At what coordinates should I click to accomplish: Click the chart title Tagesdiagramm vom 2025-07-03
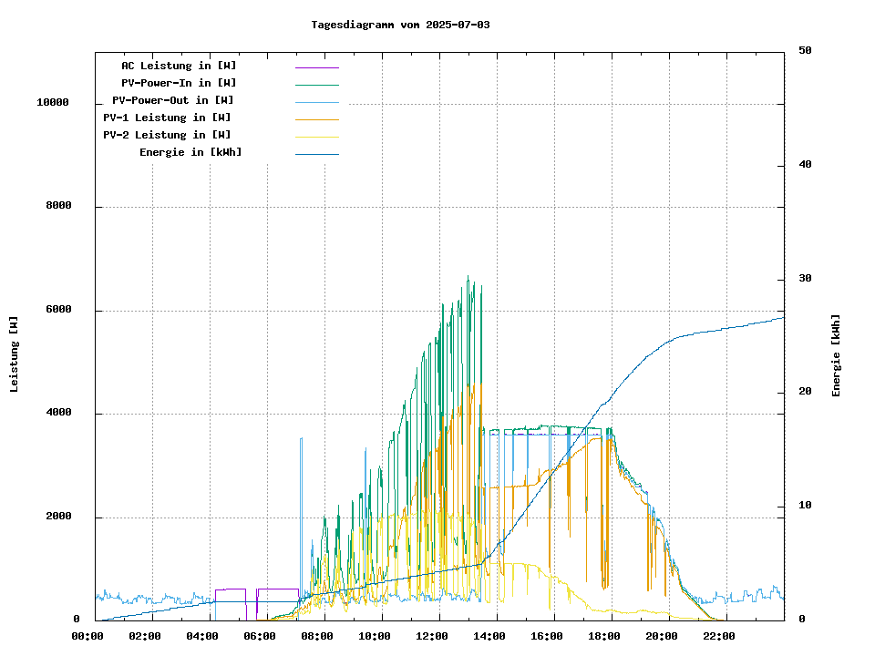click(400, 25)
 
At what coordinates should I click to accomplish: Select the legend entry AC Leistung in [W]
click(179, 66)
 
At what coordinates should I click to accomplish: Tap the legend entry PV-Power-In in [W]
click(179, 83)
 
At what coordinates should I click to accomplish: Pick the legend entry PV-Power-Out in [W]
click(173, 100)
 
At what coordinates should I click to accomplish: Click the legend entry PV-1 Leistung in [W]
click(167, 118)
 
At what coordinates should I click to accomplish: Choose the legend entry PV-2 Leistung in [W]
click(167, 135)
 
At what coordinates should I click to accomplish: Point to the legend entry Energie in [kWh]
click(190, 152)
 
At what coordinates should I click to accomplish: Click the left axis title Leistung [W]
click(15, 354)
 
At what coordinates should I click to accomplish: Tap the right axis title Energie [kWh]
click(836, 355)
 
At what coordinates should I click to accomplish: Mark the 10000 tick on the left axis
click(53, 103)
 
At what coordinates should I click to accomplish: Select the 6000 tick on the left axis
click(59, 310)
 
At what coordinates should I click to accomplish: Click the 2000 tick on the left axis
click(59, 517)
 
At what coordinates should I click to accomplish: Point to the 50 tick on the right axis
click(805, 51)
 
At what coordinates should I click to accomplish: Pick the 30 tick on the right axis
click(805, 279)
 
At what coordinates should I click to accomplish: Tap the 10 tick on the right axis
click(805, 506)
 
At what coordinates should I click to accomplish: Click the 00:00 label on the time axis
click(87, 636)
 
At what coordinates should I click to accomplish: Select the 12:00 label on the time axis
click(432, 636)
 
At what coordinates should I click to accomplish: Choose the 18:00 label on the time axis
click(604, 636)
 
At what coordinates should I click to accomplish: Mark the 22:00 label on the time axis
click(719, 636)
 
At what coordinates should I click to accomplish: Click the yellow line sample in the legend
click(316, 137)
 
